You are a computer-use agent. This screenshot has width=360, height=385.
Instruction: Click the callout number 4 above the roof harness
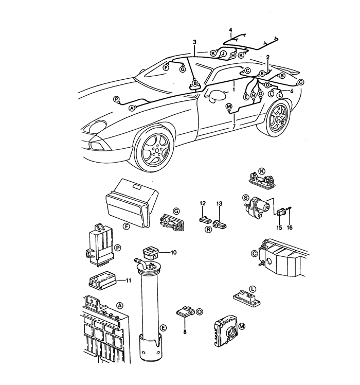230,30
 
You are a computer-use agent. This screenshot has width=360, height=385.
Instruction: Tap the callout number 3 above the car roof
194,42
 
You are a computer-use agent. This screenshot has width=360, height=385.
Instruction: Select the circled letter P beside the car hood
116,99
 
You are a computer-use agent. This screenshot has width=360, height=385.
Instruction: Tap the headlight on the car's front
97,127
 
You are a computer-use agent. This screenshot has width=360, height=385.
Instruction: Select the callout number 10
173,252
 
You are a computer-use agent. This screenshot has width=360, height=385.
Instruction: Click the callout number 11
129,281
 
